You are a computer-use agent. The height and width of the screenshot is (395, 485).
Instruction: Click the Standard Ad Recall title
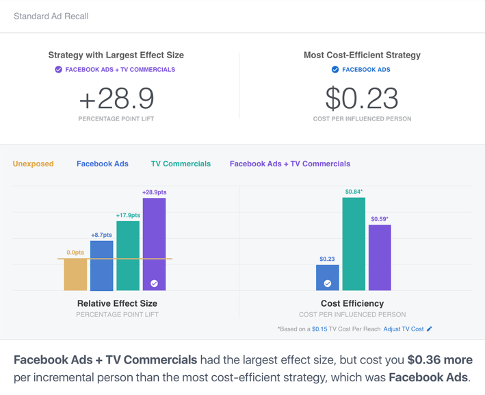click(x=51, y=16)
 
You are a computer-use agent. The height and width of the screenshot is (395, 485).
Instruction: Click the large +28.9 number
click(x=116, y=99)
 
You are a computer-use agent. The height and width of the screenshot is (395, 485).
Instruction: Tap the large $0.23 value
click(x=362, y=99)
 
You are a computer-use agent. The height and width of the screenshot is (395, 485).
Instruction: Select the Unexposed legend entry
click(x=33, y=164)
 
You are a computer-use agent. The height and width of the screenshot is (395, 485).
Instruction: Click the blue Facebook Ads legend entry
click(x=103, y=164)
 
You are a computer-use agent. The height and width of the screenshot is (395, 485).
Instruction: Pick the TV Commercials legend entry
click(x=181, y=164)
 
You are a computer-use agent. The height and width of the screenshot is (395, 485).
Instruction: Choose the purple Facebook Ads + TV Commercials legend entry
click(x=290, y=164)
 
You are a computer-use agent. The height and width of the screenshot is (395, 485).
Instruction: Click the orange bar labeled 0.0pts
click(x=75, y=275)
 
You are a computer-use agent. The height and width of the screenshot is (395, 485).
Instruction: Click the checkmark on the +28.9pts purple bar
click(x=155, y=283)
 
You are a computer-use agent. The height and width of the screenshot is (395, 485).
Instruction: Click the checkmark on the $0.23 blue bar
click(x=328, y=283)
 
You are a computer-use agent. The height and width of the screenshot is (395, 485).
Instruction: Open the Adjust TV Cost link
click(x=403, y=329)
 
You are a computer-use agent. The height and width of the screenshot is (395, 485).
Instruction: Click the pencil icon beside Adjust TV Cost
click(x=430, y=329)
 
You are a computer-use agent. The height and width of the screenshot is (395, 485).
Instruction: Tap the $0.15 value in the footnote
click(x=319, y=329)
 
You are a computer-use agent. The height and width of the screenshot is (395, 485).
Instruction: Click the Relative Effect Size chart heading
click(x=117, y=303)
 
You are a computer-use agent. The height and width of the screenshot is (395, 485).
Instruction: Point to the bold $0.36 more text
click(x=440, y=360)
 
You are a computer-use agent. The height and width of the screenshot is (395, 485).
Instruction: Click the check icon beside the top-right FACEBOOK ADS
click(x=335, y=70)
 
